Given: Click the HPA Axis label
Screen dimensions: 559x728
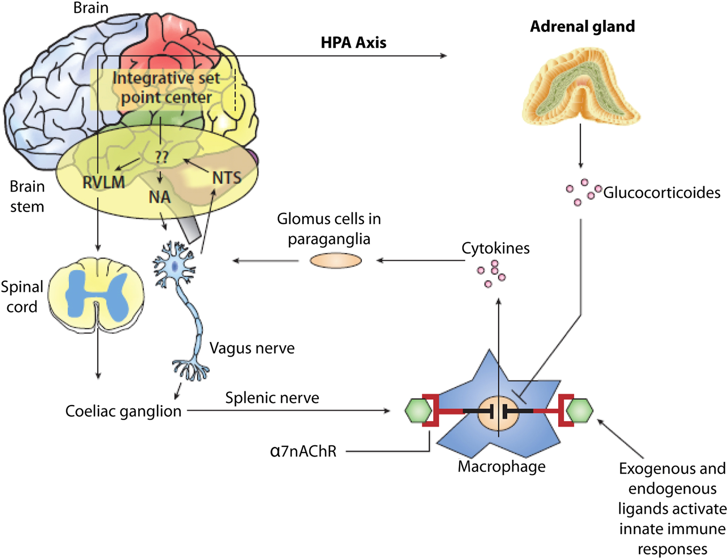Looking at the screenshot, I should click(354, 43).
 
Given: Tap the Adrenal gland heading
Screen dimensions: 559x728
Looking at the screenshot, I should click(582, 26).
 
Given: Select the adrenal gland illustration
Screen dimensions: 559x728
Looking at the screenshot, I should click(581, 86).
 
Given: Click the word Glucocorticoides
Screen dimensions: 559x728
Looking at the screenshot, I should click(662, 193).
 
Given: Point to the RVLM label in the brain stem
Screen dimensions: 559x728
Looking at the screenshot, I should click(104, 182).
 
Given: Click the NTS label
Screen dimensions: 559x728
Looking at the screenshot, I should click(227, 178).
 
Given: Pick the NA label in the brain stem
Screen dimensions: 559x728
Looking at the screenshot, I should click(160, 197).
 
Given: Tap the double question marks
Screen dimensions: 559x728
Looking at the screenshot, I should click(162, 157).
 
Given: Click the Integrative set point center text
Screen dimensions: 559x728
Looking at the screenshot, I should click(166, 88).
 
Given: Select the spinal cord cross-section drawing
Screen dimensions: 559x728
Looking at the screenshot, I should click(96, 294).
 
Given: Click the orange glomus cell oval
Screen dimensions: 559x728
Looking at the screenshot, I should click(335, 260).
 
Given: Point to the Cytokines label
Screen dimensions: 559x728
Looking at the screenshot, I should click(495, 248).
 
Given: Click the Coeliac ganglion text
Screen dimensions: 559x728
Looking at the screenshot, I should click(123, 411).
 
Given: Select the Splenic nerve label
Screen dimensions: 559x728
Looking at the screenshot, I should click(272, 398).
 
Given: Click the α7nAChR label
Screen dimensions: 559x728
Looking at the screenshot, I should click(303, 451).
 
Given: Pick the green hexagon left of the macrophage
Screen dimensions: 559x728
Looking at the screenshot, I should click(418, 411).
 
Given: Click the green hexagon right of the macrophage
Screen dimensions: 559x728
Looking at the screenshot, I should click(579, 411).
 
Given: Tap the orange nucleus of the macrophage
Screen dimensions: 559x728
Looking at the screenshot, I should click(498, 413).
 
